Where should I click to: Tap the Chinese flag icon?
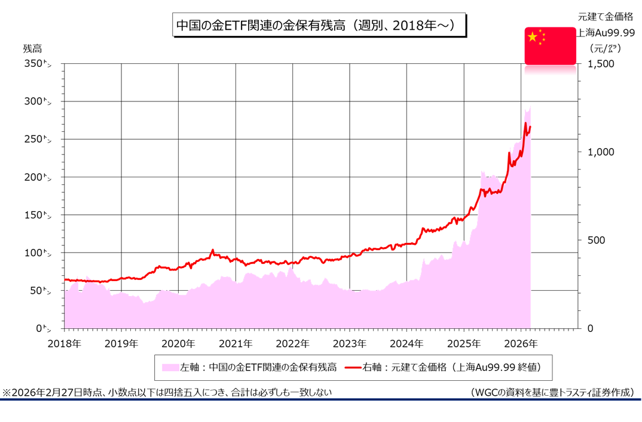click(x=550, y=45)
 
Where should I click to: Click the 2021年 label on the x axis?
click(x=236, y=344)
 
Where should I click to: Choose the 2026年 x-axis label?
click(x=521, y=344)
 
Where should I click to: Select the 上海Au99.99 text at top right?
click(x=605, y=33)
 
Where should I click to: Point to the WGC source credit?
click(x=551, y=392)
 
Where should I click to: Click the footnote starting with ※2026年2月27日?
click(x=167, y=392)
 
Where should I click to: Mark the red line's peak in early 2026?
click(x=525, y=124)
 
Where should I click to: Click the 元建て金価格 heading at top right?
click(x=605, y=17)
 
